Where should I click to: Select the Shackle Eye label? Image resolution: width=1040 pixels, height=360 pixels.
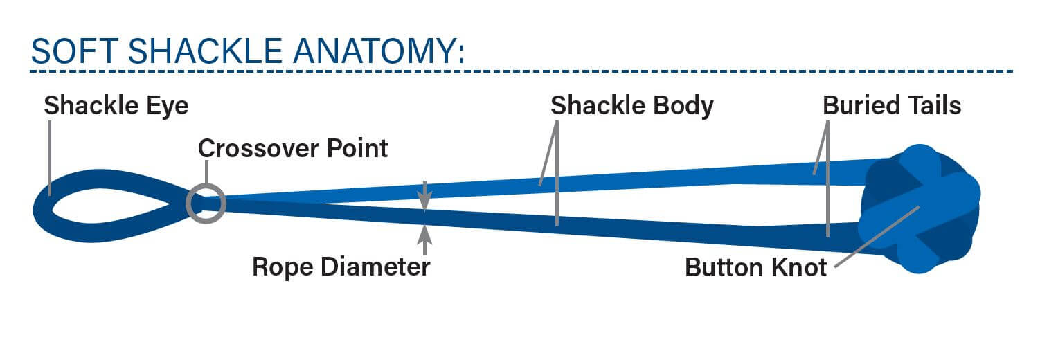tap(116, 106)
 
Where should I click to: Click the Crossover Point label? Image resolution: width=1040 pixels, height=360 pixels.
tap(293, 148)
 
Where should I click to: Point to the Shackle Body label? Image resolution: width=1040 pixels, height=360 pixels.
tap(631, 106)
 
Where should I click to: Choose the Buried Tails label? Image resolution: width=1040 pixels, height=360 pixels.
tap(892, 106)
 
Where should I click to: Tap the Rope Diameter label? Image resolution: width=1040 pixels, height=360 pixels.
tap(341, 267)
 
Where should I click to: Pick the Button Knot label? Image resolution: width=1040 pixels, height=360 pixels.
tap(756, 267)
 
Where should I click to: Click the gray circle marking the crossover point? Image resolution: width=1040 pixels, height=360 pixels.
tap(206, 203)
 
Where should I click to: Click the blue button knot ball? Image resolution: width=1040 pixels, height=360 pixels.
tap(919, 208)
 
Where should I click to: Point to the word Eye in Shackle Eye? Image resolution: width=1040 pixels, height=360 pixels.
tap(170, 106)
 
